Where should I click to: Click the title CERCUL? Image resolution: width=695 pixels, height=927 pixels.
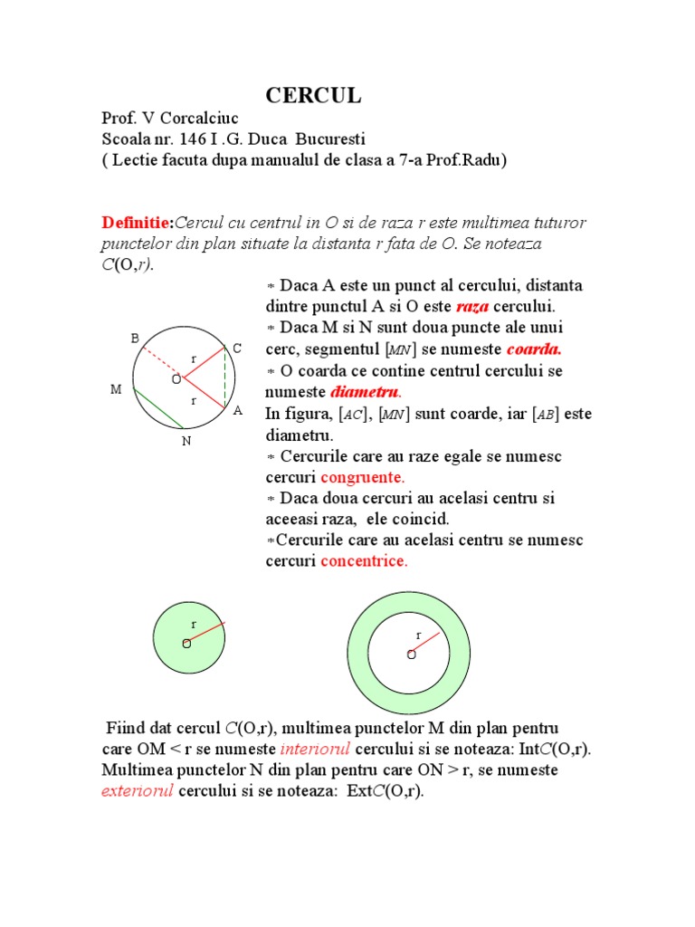tap(313, 96)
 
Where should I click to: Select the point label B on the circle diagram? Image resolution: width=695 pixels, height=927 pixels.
tap(135, 338)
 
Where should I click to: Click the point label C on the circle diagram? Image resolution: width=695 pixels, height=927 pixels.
tap(237, 348)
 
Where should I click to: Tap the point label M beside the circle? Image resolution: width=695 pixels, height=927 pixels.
tap(116, 389)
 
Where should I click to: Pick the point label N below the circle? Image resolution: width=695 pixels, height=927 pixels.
tap(186, 441)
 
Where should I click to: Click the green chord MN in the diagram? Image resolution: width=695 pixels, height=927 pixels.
tap(158, 407)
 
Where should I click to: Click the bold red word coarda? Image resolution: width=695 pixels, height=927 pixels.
tap(534, 349)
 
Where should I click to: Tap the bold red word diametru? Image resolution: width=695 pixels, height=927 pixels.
tap(365, 392)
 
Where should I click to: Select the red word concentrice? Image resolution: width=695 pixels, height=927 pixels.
tap(364, 561)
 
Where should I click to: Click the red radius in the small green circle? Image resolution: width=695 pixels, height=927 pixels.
tap(206, 632)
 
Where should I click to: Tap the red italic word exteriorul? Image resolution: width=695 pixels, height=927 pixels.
tap(138, 791)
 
